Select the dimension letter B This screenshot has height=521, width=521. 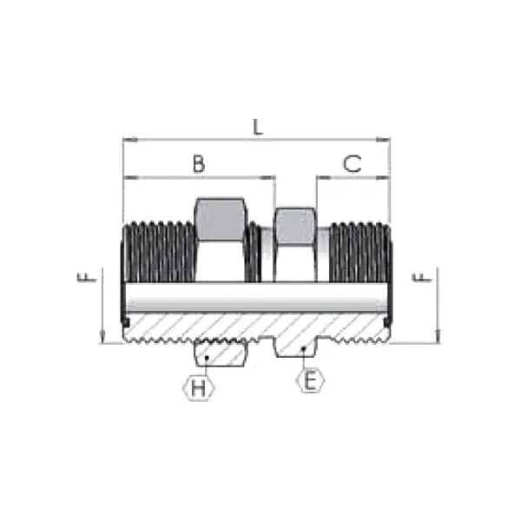[199, 163]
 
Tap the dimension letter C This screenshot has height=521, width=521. [352, 163]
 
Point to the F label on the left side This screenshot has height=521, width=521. [85, 277]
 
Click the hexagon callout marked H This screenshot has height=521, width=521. [199, 388]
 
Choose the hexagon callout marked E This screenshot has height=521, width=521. [310, 380]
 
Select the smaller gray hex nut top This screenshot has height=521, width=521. [294, 225]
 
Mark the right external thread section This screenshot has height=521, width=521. [358, 252]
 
